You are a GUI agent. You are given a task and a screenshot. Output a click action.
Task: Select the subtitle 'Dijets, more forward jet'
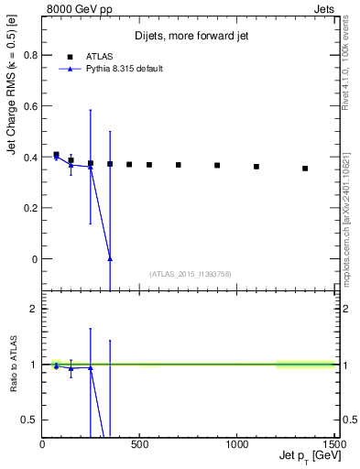click(x=189, y=37)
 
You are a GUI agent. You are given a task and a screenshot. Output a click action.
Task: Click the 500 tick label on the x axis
click(x=140, y=445)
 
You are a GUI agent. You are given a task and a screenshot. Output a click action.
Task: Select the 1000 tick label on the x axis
click(x=236, y=445)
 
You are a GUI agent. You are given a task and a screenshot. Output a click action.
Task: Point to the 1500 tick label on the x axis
click(x=333, y=445)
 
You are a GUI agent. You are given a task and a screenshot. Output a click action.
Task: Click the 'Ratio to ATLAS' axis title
click(x=12, y=365)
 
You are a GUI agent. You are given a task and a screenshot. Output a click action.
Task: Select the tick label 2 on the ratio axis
click(x=35, y=309)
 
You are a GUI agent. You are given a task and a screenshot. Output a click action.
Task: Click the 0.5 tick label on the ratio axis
click(x=31, y=420)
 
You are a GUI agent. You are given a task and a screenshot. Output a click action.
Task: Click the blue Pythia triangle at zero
click(x=110, y=259)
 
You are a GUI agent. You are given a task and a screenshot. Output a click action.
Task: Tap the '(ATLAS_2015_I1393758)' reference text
click(x=189, y=274)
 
